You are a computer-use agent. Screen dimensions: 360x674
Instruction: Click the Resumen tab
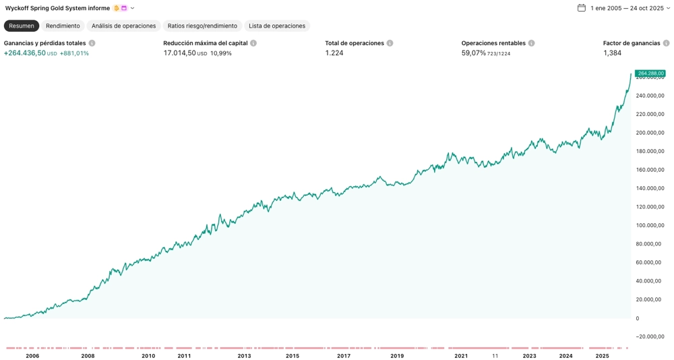click(22, 26)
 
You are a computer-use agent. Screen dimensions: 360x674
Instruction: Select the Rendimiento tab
click(63, 26)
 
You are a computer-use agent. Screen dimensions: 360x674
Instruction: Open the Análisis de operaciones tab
click(123, 26)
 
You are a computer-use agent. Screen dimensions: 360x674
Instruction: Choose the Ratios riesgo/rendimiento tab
click(202, 26)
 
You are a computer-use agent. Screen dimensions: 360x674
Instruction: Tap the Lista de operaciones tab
click(277, 26)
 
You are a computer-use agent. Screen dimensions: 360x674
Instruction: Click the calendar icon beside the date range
click(582, 8)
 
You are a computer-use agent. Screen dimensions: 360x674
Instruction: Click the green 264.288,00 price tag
click(650, 73)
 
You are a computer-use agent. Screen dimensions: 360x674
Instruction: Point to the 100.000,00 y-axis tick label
click(650, 225)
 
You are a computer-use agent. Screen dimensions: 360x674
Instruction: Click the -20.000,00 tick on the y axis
click(650, 336)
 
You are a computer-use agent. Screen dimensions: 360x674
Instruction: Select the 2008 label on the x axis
click(88, 356)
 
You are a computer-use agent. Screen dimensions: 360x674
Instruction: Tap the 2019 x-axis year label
click(397, 356)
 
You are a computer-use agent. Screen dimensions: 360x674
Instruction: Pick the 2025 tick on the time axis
click(602, 356)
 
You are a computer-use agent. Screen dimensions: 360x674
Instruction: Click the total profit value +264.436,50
click(25, 53)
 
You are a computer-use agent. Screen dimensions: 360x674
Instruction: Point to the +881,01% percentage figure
click(74, 53)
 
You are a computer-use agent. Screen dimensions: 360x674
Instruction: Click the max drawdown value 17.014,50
click(179, 53)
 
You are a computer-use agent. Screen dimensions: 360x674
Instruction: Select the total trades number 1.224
click(334, 53)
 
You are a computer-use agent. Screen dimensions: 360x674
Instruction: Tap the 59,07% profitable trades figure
click(474, 53)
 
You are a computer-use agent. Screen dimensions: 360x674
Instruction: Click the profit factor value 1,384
click(612, 53)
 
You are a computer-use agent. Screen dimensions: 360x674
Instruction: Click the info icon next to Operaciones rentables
click(532, 43)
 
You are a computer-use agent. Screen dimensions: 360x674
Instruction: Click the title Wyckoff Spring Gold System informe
click(57, 8)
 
